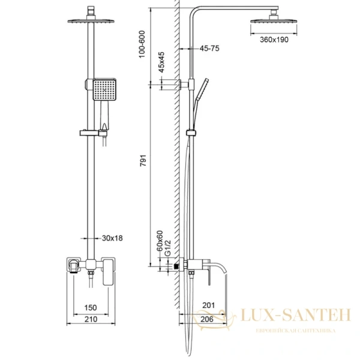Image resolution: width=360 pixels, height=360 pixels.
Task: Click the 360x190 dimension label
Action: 274,40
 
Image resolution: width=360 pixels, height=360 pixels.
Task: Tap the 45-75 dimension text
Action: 209,48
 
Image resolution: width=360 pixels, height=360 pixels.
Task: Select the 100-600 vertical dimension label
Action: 142,44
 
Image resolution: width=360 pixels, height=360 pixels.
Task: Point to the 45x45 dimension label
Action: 161,62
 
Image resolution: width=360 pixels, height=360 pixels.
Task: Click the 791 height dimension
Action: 143,160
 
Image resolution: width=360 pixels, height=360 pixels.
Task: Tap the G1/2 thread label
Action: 168,248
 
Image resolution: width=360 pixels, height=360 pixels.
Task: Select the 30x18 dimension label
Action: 112,238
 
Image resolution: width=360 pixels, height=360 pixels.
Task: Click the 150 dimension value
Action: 91,308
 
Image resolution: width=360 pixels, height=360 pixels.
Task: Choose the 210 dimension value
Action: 91,319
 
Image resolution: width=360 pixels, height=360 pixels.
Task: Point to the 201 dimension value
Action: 209,305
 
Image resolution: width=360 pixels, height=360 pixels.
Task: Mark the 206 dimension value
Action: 207,319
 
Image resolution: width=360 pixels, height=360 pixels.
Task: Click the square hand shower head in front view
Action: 104,89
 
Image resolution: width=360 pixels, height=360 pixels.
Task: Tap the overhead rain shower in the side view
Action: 274,18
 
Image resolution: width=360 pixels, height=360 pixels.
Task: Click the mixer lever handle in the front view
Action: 109,272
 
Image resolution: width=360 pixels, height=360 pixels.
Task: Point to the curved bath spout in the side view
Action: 218,267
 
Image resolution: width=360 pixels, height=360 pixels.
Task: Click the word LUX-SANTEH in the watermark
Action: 296,315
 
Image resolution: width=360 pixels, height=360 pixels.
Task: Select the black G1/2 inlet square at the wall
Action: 176,266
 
